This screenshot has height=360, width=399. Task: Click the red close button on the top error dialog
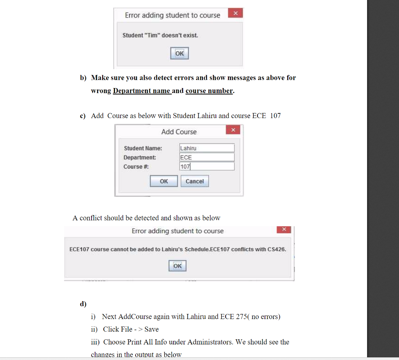coord(235,13)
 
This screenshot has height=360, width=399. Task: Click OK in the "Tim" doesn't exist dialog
coord(179,53)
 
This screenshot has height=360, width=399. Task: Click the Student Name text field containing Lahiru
coord(207,148)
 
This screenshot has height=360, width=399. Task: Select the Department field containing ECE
coord(207,157)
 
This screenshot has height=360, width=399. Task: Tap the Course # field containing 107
coord(207,166)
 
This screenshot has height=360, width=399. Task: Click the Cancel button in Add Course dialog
coord(195,181)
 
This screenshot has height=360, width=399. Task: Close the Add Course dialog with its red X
coord(233,130)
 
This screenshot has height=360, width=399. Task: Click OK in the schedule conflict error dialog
coord(177,266)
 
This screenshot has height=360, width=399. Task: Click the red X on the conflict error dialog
coord(284,229)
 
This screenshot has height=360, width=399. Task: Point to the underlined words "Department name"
coord(141,91)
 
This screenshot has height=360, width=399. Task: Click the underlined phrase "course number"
coord(209,91)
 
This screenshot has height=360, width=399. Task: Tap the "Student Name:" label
coord(143,148)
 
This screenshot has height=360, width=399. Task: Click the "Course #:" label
coord(136,166)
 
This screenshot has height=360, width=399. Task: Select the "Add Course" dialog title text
coord(179,132)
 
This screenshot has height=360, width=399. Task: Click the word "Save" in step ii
coord(152,329)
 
